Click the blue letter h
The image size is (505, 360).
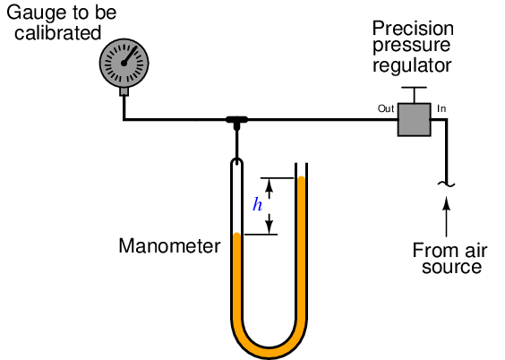pyautogui.click(x=257, y=204)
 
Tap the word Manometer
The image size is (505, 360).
pyautogui.click(x=169, y=246)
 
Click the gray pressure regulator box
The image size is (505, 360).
pyautogui.click(x=415, y=119)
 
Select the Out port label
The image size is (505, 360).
pyautogui.click(x=386, y=108)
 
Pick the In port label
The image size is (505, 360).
pyautogui.click(x=441, y=109)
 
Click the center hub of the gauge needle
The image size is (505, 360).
pyautogui.click(x=124, y=63)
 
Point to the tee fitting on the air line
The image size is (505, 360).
pyautogui.click(x=236, y=122)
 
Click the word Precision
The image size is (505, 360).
pyautogui.click(x=413, y=29)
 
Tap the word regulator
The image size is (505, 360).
pyautogui.click(x=412, y=65)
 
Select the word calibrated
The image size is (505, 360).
pyautogui.click(x=58, y=33)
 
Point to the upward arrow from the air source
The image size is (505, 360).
pyautogui.click(x=447, y=217)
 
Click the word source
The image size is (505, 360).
pyautogui.click(x=451, y=268)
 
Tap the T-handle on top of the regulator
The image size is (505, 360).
pyautogui.click(x=415, y=95)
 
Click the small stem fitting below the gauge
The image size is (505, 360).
pyautogui.click(x=124, y=91)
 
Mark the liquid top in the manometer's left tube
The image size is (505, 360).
pyautogui.click(x=236, y=234)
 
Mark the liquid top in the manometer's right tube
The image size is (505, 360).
pyautogui.click(x=301, y=177)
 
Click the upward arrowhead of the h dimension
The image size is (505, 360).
pyautogui.click(x=270, y=184)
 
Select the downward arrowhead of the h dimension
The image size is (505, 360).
pyautogui.click(x=270, y=227)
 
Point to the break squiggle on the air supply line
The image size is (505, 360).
pyautogui.click(x=447, y=184)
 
